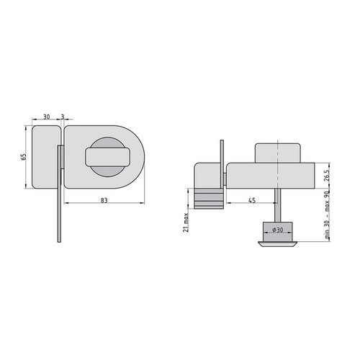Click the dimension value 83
[x=104, y=200]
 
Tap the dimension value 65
[x=23, y=157]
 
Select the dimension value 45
[x=252, y=200]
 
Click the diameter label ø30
[x=278, y=230]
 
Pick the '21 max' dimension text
[x=186, y=223]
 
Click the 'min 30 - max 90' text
[x=327, y=215]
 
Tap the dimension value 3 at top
[x=63, y=117]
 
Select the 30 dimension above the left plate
[x=47, y=117]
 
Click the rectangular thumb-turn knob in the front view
[x=107, y=157]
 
